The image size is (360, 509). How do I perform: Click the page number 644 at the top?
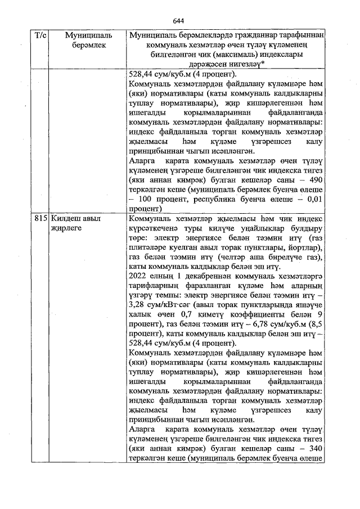pos(179,19)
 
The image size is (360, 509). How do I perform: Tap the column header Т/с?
pos(40,35)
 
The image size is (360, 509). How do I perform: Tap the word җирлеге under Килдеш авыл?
pos(66,228)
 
